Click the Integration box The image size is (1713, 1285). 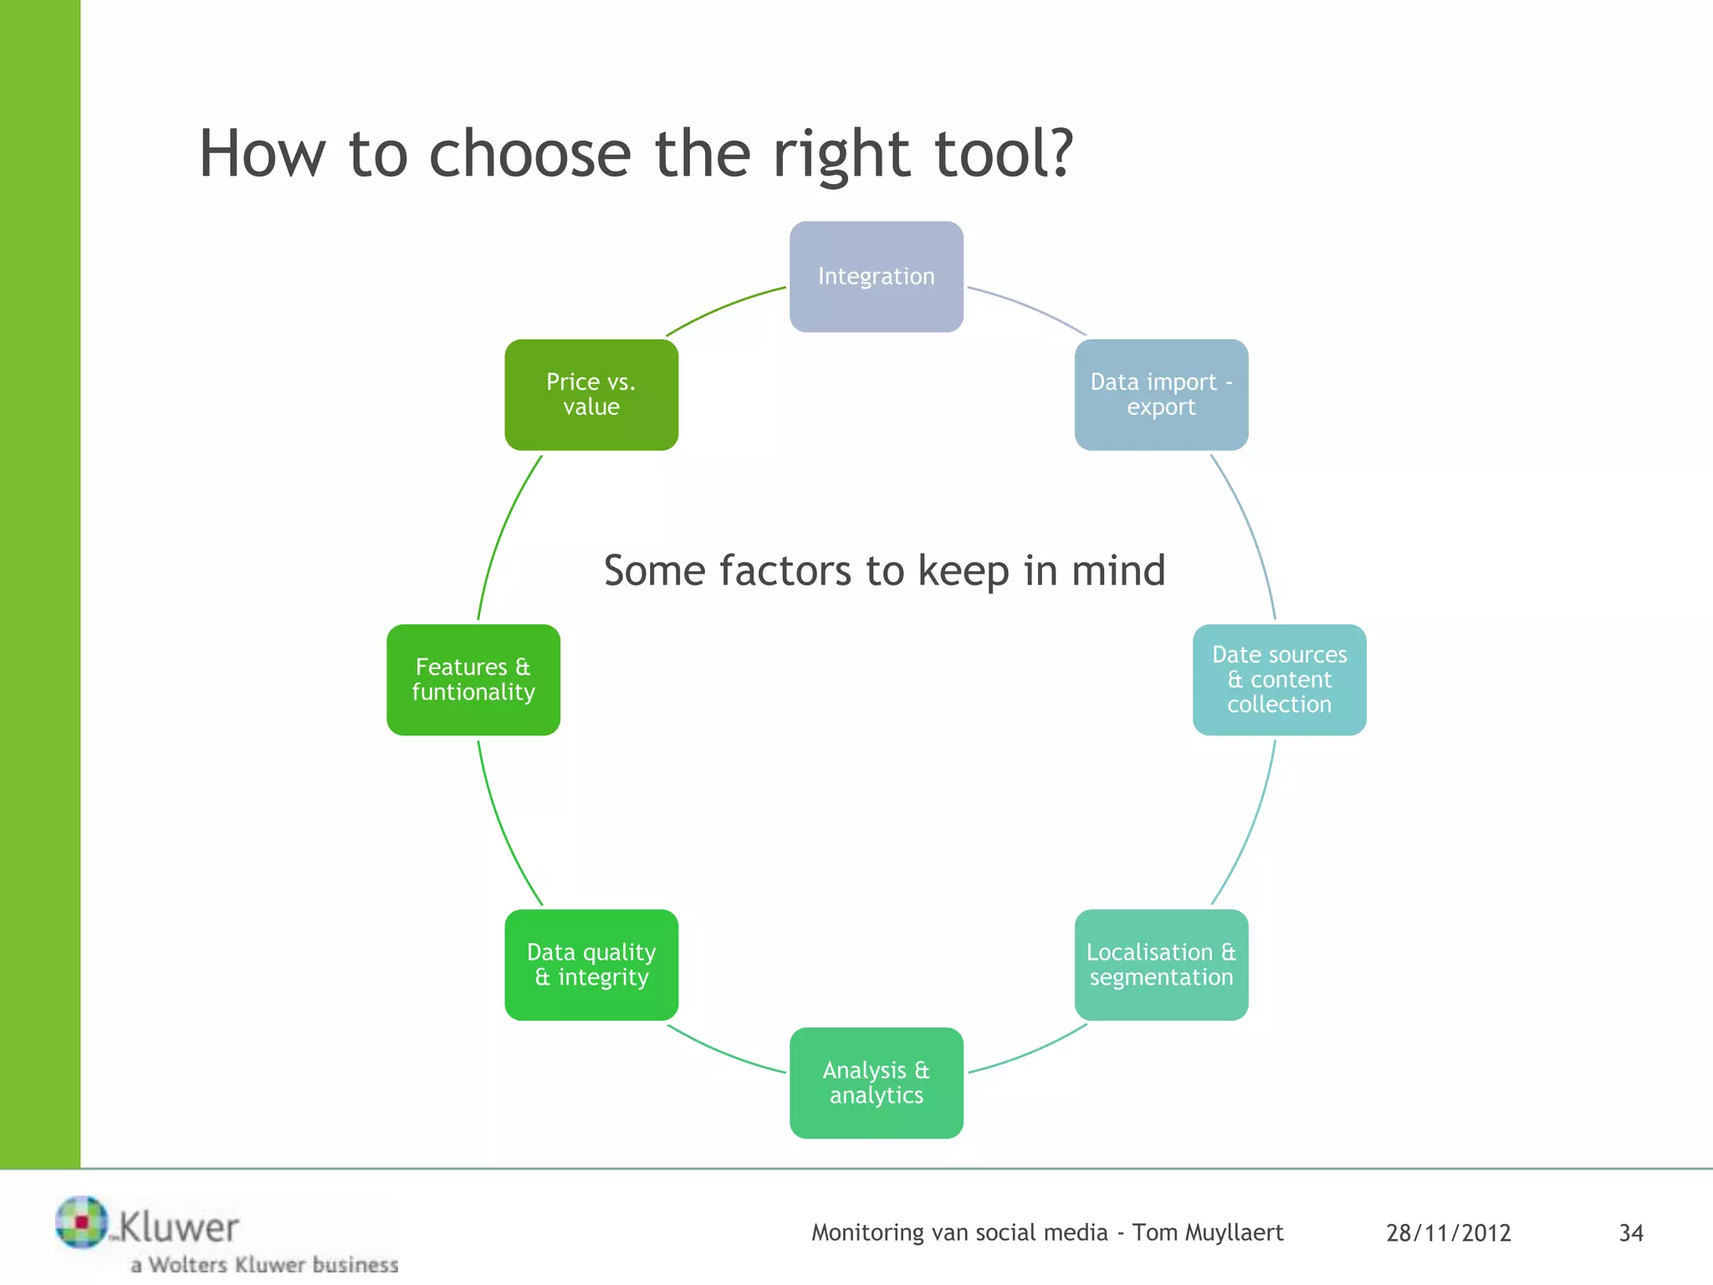(876, 276)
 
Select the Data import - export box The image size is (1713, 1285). (1161, 394)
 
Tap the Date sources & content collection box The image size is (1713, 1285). (1279, 679)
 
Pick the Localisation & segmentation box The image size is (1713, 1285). (1161, 965)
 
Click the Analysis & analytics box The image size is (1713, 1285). (876, 1083)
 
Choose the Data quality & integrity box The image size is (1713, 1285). (591, 965)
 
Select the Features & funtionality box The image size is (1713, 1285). (473, 679)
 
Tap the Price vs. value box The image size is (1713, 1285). (591, 394)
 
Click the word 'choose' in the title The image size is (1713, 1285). (529, 155)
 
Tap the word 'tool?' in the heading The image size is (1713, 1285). (1003, 155)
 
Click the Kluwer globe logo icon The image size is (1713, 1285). (82, 1221)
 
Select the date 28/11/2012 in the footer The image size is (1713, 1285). (1448, 1233)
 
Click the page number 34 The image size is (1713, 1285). (1631, 1233)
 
